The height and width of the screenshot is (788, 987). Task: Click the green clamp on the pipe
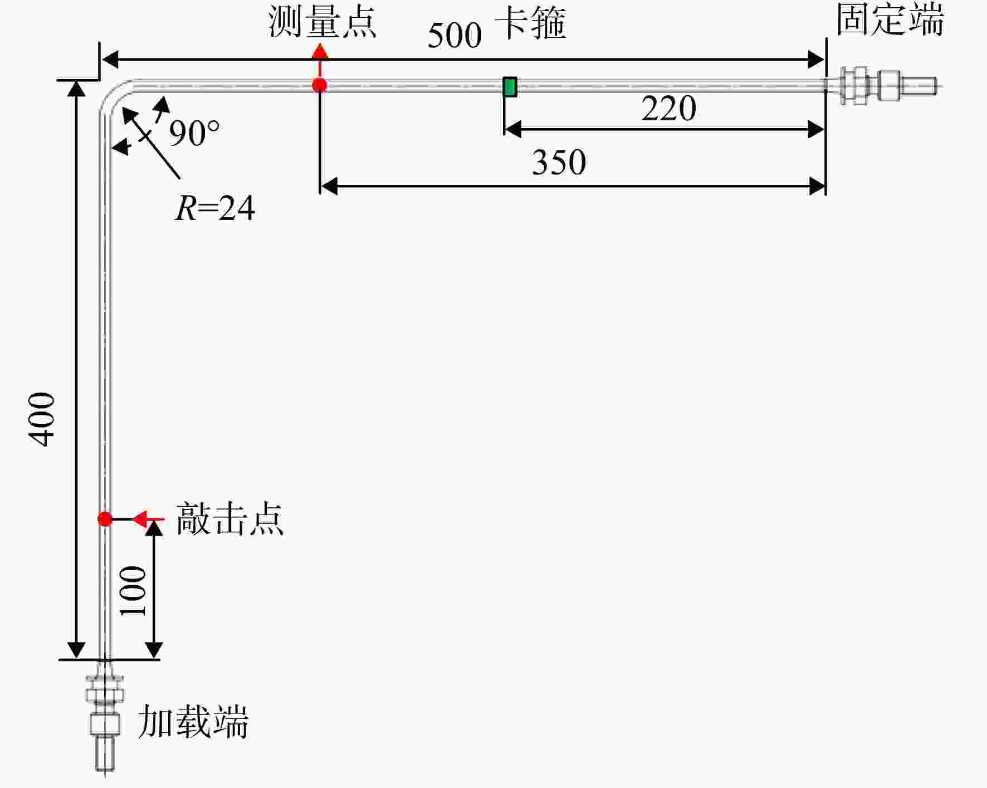pos(510,87)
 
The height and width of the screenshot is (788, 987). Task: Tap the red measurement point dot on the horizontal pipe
pos(319,85)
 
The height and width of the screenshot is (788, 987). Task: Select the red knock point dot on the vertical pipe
pos(105,519)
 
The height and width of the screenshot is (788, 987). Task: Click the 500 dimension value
pos(455,36)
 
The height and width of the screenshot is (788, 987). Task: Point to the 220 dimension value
pos(668,108)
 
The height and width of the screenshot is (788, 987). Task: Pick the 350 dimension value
pos(559,163)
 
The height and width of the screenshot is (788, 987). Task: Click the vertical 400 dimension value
pos(42,419)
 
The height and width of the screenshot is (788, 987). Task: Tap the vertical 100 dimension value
pos(133,590)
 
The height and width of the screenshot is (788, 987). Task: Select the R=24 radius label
pos(215,208)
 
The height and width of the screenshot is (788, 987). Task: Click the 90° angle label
pos(194,134)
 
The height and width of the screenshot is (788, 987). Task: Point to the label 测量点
pos(323,22)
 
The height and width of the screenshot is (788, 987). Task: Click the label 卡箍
pos(530,23)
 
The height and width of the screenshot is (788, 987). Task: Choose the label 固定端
pos(890,19)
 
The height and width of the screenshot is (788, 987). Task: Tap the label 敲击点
pos(229,519)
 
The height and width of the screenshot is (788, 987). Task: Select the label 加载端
pos(193,722)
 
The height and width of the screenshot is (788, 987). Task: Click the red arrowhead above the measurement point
pos(320,52)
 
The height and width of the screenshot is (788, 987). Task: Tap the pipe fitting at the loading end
pos(105,716)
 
